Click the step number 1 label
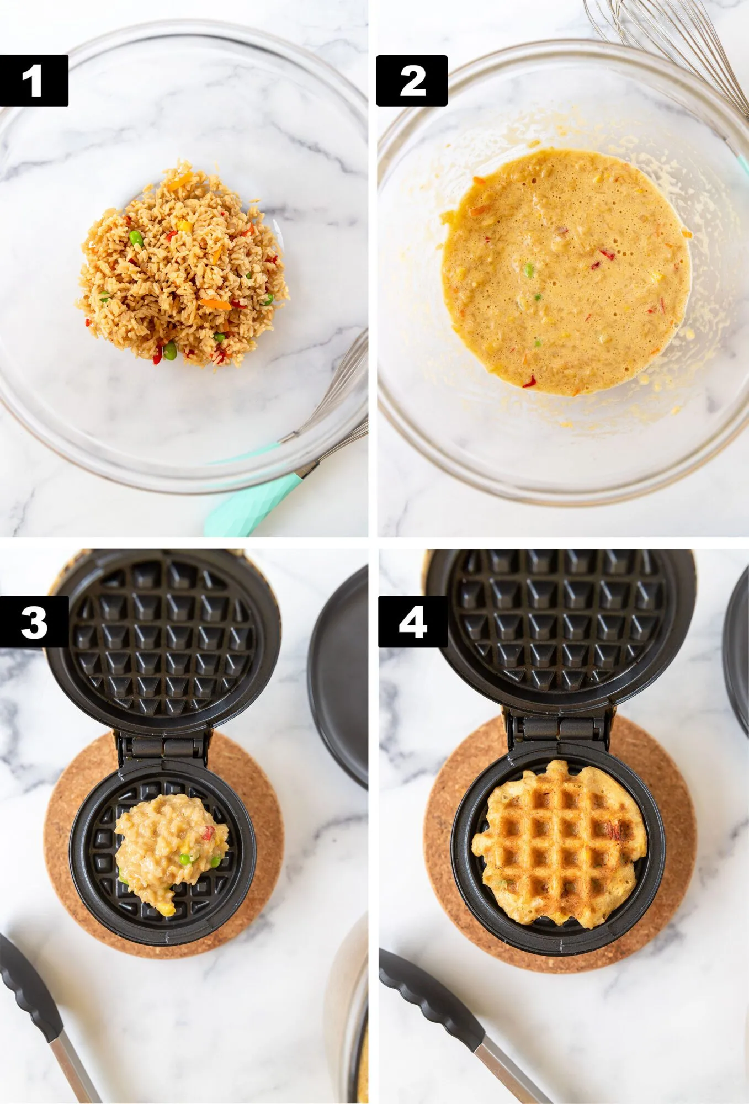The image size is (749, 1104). coord(34,81)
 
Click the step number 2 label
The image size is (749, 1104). coord(412,81)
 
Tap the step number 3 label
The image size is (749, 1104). coord(34,622)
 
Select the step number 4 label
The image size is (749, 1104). coord(412,622)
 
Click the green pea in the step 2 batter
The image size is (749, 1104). coord(529,270)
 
